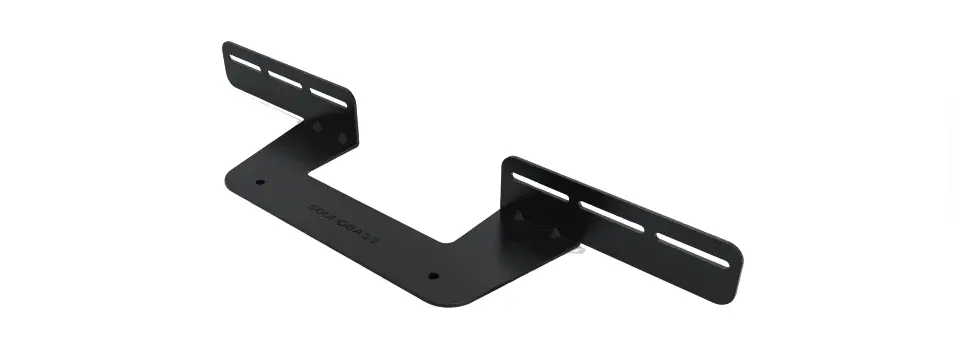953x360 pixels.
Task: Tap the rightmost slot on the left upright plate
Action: (x=327, y=96)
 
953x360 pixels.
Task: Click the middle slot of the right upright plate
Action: (x=610, y=216)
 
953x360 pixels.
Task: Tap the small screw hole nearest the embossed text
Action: (x=260, y=183)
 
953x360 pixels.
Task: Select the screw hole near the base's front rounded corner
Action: (x=433, y=274)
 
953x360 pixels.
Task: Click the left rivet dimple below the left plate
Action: (x=318, y=127)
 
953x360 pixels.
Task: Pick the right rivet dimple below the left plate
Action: (x=342, y=137)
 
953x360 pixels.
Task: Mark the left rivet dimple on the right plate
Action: (x=519, y=215)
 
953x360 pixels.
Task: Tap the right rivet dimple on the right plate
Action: (x=554, y=233)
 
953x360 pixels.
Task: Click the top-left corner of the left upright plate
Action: (x=226, y=44)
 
